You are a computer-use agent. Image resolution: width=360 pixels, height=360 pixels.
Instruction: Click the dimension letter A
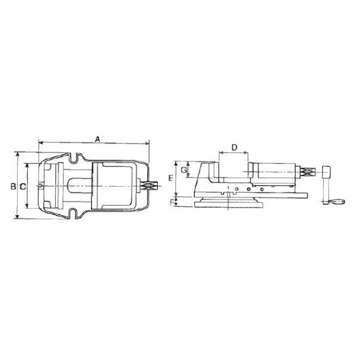98,139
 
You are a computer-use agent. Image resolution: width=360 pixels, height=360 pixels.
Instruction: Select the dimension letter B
13,186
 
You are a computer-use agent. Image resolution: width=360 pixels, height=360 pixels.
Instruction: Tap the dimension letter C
23,187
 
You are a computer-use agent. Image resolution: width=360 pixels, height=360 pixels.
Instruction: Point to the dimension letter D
234,148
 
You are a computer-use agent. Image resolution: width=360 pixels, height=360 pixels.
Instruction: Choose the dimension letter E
170,178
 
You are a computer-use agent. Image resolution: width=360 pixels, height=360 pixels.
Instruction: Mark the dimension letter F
171,203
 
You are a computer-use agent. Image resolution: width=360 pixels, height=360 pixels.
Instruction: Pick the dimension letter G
183,170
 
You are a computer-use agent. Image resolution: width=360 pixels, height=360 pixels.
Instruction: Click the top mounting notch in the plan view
74,158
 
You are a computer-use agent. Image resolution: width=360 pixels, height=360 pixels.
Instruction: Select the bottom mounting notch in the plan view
74,213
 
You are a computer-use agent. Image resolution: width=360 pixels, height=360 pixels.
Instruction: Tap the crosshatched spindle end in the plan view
150,186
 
